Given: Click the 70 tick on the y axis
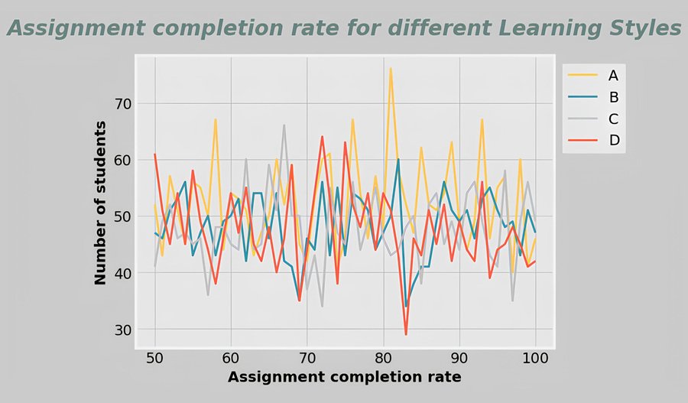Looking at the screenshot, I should [x=123, y=103].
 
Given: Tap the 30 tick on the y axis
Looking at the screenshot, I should [x=123, y=330].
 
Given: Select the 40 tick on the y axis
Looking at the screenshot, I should [x=123, y=273].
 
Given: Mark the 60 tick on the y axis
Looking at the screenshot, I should [x=123, y=160].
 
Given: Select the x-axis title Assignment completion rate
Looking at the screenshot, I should [x=344, y=377].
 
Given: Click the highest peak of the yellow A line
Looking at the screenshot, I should [x=391, y=69].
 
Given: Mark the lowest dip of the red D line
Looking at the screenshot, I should [x=406, y=334].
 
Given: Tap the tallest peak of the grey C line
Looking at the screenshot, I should [x=284, y=125].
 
